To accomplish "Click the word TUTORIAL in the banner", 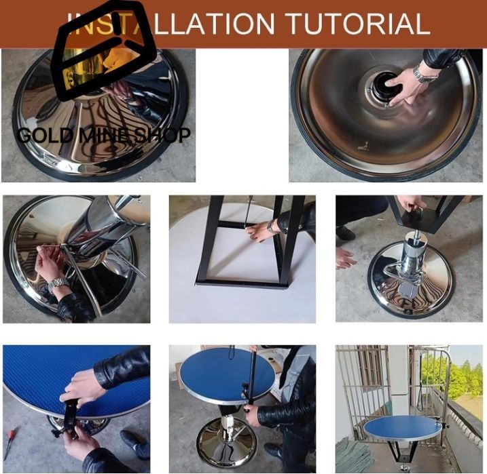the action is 359,23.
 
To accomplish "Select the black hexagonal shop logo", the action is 104,51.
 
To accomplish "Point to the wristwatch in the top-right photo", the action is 425,74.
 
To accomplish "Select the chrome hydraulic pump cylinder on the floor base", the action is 413,260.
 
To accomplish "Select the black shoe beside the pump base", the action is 345,233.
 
